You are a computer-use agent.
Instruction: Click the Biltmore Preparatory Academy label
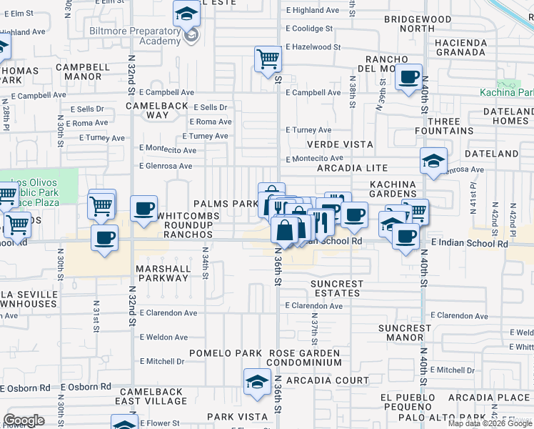coord(135,36)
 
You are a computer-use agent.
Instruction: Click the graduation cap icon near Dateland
coord(433,161)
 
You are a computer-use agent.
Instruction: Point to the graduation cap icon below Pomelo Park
coord(257,382)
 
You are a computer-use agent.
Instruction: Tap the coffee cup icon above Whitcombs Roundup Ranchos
coord(144,209)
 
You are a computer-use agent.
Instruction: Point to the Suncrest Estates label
coord(337,288)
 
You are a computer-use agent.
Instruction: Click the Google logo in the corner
coord(24,420)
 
